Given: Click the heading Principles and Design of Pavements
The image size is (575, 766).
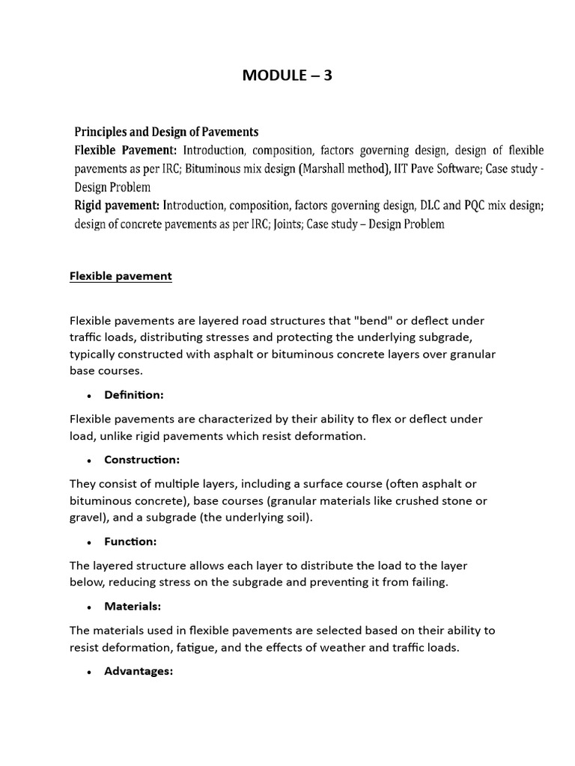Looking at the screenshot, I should coord(166,132).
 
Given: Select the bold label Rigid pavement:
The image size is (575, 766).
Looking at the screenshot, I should coord(117,205).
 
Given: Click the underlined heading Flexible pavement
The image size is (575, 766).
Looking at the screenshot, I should coord(121,276).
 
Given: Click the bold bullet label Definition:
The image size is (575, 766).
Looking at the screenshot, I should coord(133,394).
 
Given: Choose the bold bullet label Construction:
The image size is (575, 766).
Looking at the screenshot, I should coord(142,459).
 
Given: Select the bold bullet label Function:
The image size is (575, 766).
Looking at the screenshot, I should coord(130,541).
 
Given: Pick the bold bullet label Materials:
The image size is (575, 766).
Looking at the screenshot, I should coord(133,606).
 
